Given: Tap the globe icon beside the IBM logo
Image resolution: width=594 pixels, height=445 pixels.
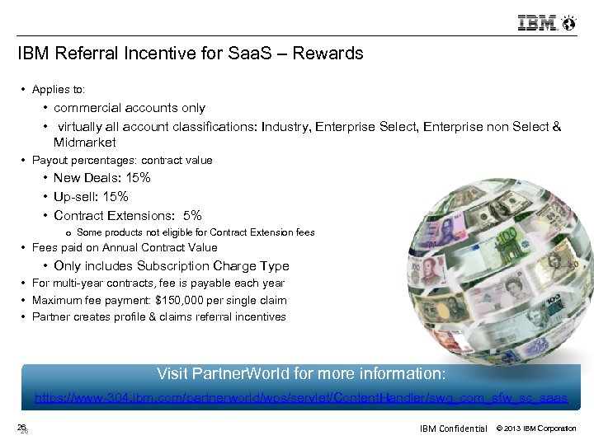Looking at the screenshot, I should (x=568, y=22).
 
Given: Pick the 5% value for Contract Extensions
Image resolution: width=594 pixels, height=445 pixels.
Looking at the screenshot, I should (x=192, y=216).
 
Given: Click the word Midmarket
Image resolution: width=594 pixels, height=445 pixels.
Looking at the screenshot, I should (x=85, y=143).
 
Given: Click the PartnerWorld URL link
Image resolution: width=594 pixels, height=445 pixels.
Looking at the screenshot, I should (x=300, y=398).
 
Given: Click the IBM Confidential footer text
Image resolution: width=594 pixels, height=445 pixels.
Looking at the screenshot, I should (x=453, y=429).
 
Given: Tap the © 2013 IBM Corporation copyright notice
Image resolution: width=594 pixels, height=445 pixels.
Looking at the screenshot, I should (x=535, y=429).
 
